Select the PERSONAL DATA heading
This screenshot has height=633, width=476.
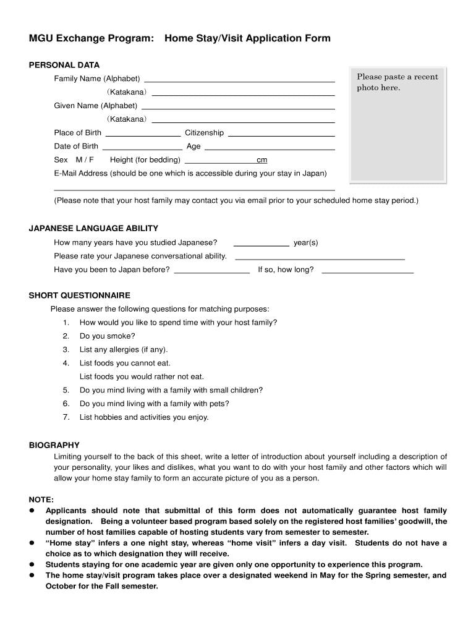[64, 65]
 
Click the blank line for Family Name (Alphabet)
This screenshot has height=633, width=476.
[239, 80]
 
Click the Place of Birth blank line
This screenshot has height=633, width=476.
[143, 134]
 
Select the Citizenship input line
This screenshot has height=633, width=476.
[281, 134]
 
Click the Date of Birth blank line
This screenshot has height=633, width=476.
[142, 148]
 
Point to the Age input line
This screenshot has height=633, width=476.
[270, 148]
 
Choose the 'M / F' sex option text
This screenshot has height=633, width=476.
[85, 160]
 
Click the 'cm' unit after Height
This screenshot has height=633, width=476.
[261, 161]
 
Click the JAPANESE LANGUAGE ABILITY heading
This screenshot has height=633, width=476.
[93, 228]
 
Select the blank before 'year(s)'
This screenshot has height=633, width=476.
[261, 245]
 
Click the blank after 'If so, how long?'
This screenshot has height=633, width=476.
[368, 272]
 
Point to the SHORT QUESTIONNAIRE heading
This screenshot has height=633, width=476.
[80, 295]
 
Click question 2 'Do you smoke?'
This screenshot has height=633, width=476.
[107, 336]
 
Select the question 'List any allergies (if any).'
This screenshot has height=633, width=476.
[124, 350]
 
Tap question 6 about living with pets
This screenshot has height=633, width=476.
[154, 404]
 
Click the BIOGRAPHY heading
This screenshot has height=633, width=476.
[54, 445]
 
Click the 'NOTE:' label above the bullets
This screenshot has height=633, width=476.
[41, 499]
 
